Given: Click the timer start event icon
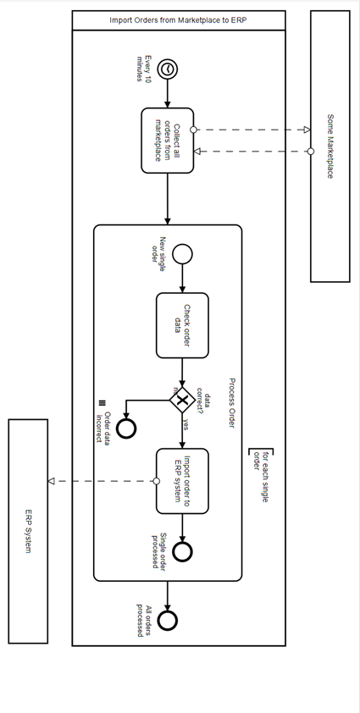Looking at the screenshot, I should (x=169, y=69).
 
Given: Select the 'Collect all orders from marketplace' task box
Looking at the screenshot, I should (x=168, y=141).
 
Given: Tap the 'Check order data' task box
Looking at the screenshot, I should (x=182, y=325).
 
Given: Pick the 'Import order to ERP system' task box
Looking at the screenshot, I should (x=182, y=481).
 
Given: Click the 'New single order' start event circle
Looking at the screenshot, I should (x=182, y=253).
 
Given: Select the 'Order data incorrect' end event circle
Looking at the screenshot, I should (x=126, y=428).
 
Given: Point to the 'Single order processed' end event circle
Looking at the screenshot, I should (x=182, y=551).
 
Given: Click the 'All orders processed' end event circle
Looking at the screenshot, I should (x=168, y=621).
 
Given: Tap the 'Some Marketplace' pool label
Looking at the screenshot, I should (x=330, y=146).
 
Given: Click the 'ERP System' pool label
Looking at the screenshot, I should (x=28, y=532).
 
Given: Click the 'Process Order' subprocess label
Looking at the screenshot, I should (x=230, y=403).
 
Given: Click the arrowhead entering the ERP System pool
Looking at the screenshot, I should (x=52, y=481).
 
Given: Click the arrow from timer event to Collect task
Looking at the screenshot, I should (x=168, y=95).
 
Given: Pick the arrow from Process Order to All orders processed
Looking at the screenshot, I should (x=168, y=595).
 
